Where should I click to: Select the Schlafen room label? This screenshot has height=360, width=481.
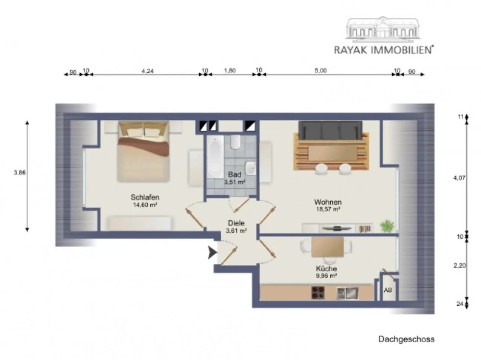pos(145,197)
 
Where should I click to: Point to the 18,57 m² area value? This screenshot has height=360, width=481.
pos(328,209)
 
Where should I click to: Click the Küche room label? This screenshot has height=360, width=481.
pos(326,268)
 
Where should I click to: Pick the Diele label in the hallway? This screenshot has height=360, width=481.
pos(236,223)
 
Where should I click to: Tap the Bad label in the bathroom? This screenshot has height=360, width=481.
pos(234,175)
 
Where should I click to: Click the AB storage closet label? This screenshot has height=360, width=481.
pos(388,290)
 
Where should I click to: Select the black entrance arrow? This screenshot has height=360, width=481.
pos(212,253)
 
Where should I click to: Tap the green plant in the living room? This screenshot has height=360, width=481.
pos(387,226)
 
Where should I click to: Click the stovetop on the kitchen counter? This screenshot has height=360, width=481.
pos(318,293)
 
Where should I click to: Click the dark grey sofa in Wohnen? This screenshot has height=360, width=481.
pos(330,131)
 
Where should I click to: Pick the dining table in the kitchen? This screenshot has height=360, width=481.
pos(328,247)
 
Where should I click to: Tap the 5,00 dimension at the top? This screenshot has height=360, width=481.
pos(321,71)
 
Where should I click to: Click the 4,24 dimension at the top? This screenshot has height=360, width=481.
pos(148,71)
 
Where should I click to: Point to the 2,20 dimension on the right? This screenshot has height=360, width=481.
pos(459,265)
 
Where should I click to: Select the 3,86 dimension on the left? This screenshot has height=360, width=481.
pos(20,172)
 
